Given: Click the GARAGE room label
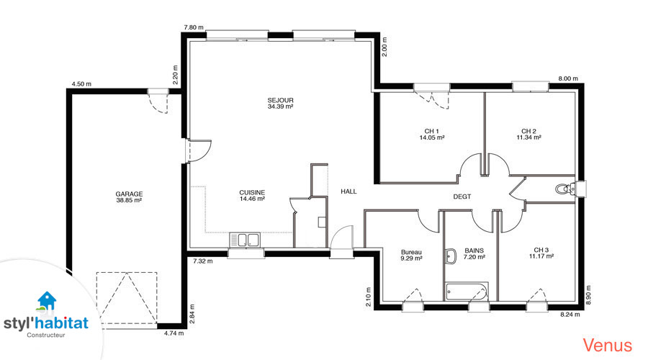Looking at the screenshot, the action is pyautogui.click(x=129, y=194).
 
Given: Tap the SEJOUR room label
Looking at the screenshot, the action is pyautogui.click(x=280, y=100).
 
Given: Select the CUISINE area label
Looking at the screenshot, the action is pyautogui.click(x=252, y=193).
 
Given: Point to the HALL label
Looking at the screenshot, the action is pyautogui.click(x=348, y=192).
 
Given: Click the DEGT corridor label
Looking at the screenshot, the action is pyautogui.click(x=462, y=197).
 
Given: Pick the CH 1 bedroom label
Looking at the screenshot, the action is pyautogui.click(x=432, y=132).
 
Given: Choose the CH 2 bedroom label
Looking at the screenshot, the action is pyautogui.click(x=528, y=132).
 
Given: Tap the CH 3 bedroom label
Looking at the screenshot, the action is pyautogui.click(x=541, y=250).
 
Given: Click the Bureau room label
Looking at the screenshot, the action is pyautogui.click(x=411, y=252).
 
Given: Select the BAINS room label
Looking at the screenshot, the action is pyautogui.click(x=474, y=251).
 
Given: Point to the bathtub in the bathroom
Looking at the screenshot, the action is pyautogui.click(x=467, y=292).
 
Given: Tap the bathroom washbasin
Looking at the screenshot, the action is pyautogui.click(x=450, y=256).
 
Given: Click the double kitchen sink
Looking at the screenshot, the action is pyautogui.click(x=245, y=240).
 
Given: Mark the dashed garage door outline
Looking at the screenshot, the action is pyautogui.click(x=127, y=297).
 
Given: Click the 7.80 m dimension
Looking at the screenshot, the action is pyautogui.click(x=194, y=27).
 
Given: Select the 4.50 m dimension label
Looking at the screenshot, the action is pyautogui.click(x=81, y=84).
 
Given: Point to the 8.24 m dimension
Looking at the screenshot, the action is pyautogui.click(x=570, y=315).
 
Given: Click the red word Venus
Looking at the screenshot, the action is pyautogui.click(x=608, y=345).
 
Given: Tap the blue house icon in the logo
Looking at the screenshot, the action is pyautogui.click(x=46, y=300).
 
